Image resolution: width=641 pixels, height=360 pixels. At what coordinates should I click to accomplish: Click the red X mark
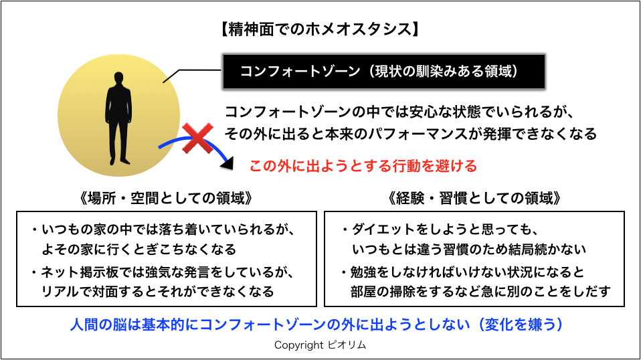pyautogui.click(x=197, y=138)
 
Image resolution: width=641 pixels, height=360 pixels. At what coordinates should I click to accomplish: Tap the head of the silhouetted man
pyautogui.click(x=118, y=79)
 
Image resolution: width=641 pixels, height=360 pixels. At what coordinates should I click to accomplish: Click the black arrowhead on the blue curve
pyautogui.click(x=227, y=163)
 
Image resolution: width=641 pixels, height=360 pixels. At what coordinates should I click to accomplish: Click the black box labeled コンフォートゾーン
pyautogui.click(x=384, y=72)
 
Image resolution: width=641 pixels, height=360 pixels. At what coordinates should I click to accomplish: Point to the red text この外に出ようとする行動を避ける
pyautogui.click(x=363, y=166)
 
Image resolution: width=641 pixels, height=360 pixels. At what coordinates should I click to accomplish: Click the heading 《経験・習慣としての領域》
pyautogui.click(x=474, y=198)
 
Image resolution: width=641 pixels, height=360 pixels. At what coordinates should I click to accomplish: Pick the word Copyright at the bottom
pyautogui.click(x=299, y=345)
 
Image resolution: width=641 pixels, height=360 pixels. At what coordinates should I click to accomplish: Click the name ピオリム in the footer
pyautogui.click(x=347, y=345)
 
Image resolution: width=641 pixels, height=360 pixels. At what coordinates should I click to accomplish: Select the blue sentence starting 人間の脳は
pyautogui.click(x=316, y=325)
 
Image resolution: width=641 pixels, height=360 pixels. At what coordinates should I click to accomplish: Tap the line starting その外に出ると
pyautogui.click(x=410, y=134)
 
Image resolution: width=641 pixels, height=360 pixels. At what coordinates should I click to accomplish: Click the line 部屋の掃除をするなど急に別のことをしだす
pyautogui.click(x=480, y=292)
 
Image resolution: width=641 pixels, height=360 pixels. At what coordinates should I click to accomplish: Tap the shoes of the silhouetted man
pyautogui.click(x=120, y=161)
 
